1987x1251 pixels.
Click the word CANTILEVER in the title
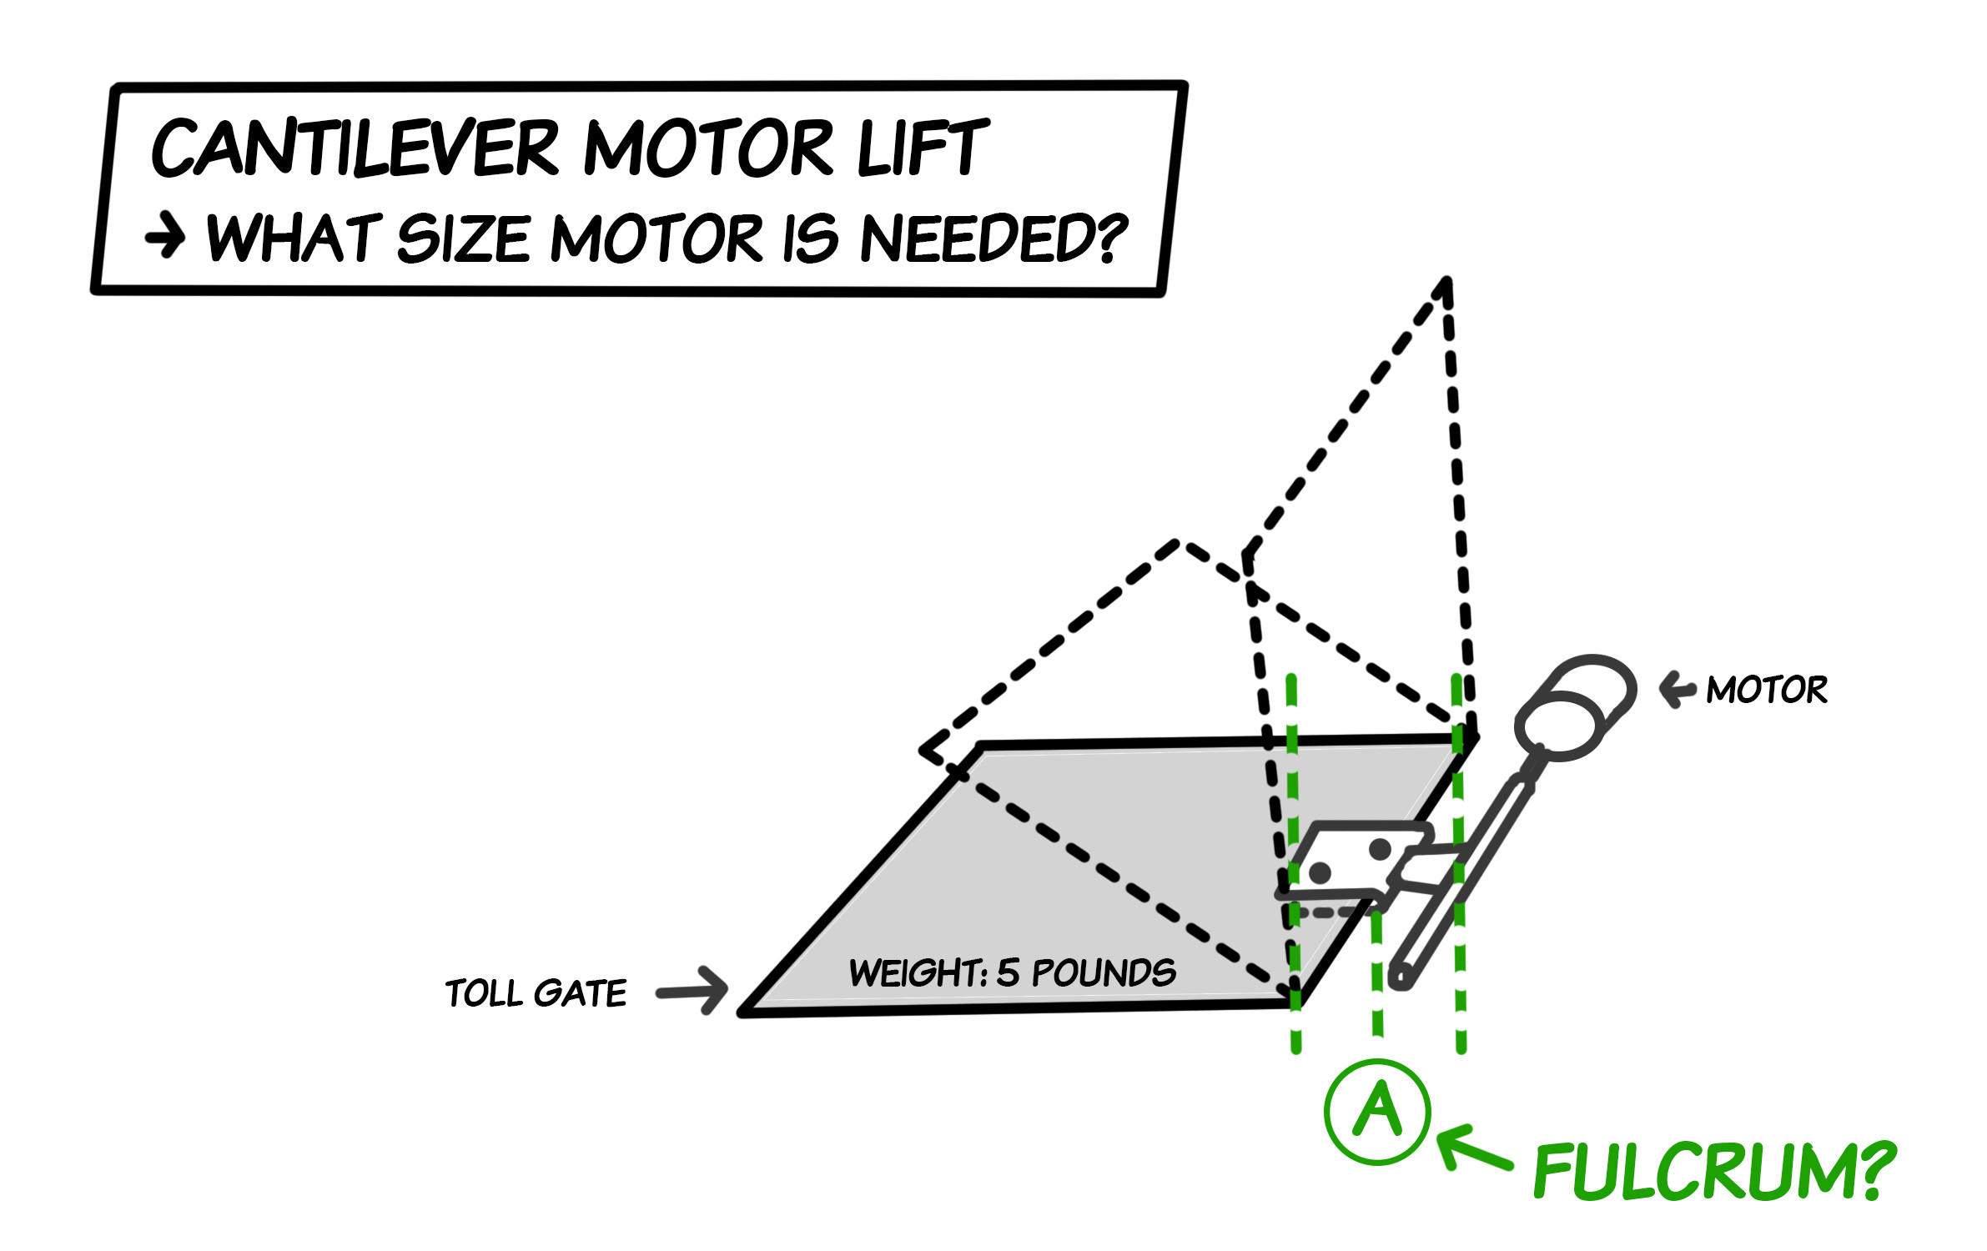tap(355, 148)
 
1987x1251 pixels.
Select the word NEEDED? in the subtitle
tap(993, 239)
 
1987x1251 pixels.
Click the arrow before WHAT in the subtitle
tap(165, 237)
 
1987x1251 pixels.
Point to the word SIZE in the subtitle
tap(463, 239)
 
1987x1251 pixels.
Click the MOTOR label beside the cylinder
tap(1766, 690)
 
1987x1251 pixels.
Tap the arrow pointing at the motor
tap(1677, 690)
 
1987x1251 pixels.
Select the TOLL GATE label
tap(536, 993)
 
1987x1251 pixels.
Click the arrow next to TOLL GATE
tap(692, 991)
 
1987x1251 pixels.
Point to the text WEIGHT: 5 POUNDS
tap(1012, 972)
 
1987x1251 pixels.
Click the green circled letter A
tap(1377, 1111)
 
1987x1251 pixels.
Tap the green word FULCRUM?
tap(1714, 1172)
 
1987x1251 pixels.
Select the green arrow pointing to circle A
tap(1472, 1149)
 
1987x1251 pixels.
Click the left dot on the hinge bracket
tap(1320, 873)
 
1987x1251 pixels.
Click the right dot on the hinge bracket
tap(1381, 850)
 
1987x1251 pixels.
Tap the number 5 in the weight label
tap(1008, 972)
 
